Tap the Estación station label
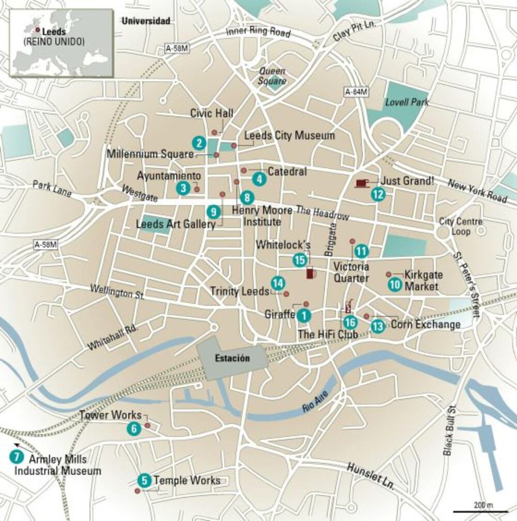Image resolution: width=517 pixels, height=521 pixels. coord(232,358)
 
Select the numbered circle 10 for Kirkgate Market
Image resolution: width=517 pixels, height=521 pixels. coord(395,284)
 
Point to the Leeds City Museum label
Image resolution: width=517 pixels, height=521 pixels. coord(289,136)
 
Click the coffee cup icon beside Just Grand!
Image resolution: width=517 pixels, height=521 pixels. coord(362,182)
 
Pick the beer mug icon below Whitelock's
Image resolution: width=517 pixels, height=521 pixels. coord(311,273)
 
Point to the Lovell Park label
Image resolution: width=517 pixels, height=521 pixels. coord(407,102)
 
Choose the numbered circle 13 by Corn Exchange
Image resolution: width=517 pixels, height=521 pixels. coord(378,326)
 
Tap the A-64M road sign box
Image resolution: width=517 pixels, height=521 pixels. coord(356,92)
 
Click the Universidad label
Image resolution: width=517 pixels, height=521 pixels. coord(145,21)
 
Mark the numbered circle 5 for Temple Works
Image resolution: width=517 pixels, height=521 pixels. coord(145,481)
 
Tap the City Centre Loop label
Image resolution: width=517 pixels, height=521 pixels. coord(453,227)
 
